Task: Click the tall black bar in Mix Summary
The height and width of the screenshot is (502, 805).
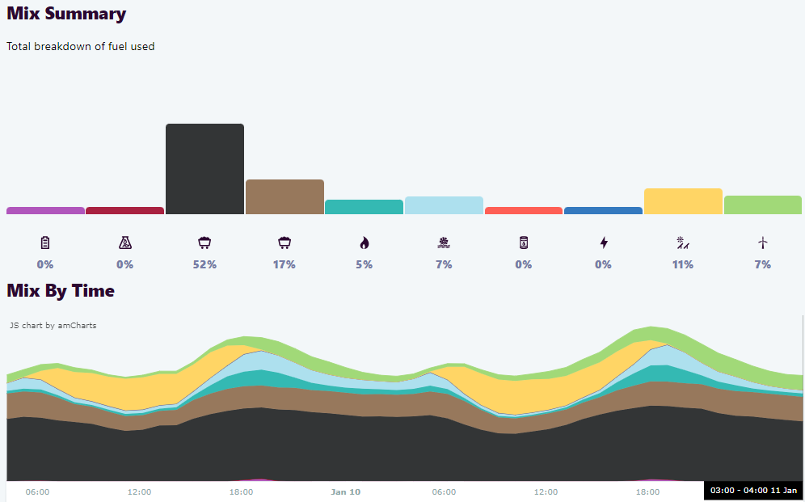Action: click(x=204, y=169)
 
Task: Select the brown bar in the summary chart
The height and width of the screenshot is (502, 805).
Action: click(x=284, y=197)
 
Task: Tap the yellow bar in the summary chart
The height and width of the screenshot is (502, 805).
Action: click(x=683, y=201)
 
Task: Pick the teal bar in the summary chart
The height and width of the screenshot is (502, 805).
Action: click(x=364, y=207)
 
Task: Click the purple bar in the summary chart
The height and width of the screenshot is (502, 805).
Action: click(x=45, y=210)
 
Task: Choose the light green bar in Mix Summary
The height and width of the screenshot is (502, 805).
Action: click(x=762, y=205)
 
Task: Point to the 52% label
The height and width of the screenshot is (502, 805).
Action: click(x=204, y=264)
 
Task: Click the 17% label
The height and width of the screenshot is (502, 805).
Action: click(x=284, y=264)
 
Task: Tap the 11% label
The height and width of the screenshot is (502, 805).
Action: click(x=683, y=264)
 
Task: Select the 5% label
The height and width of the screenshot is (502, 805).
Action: click(x=364, y=264)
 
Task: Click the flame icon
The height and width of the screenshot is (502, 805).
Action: click(x=364, y=243)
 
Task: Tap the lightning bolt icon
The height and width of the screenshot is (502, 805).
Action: click(x=603, y=243)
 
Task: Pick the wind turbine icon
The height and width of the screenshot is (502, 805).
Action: click(x=762, y=243)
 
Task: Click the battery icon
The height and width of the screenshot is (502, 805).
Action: click(x=45, y=243)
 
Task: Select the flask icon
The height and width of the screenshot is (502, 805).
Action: click(x=124, y=243)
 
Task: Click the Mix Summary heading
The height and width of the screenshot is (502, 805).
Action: click(x=66, y=14)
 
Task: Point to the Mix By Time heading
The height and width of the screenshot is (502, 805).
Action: click(x=61, y=290)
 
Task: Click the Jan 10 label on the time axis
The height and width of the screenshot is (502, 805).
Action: click(x=345, y=491)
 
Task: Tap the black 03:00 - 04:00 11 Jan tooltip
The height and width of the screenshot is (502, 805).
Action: click(x=753, y=491)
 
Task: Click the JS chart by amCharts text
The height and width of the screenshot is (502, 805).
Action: click(x=53, y=326)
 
